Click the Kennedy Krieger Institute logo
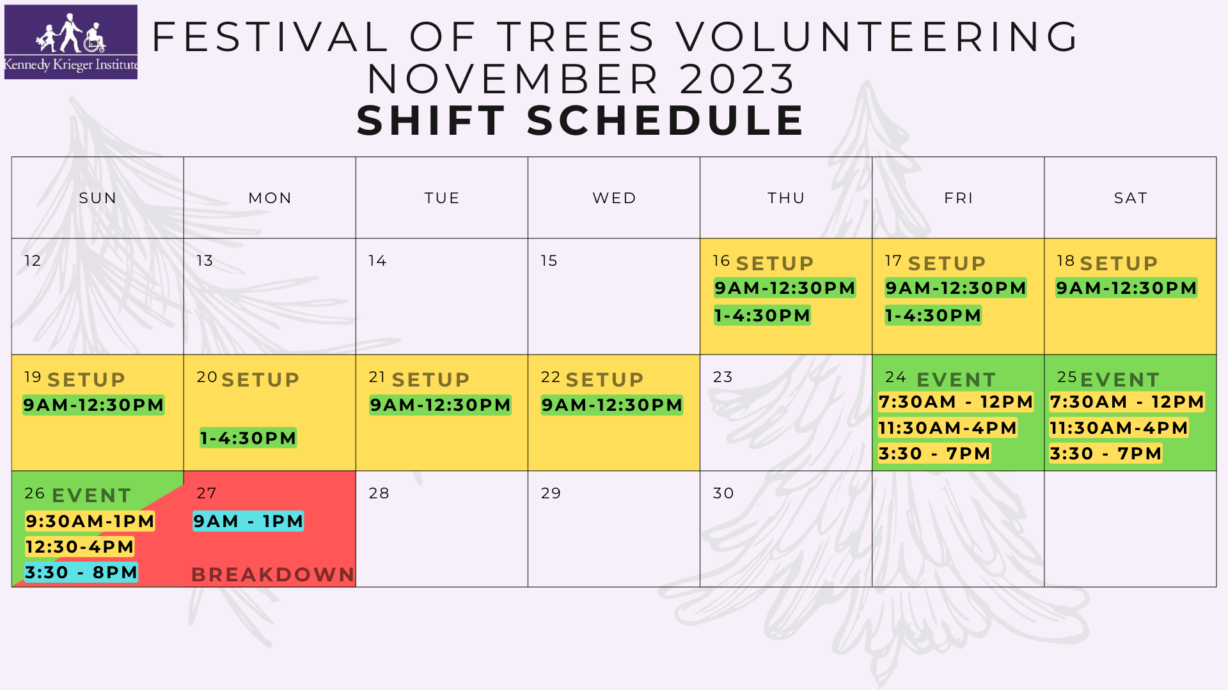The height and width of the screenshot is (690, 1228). (71, 42)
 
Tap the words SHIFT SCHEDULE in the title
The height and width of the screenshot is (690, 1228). (581, 120)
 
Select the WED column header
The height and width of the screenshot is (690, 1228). (614, 198)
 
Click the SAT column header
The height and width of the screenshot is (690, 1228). (1130, 198)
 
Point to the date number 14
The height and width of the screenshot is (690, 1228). (377, 261)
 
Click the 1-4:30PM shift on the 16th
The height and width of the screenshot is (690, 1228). (762, 316)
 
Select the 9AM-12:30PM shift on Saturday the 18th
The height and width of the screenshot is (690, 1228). (1126, 288)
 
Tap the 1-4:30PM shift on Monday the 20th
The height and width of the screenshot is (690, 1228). (248, 438)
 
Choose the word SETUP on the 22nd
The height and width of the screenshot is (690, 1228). (604, 380)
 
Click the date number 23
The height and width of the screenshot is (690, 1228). (723, 377)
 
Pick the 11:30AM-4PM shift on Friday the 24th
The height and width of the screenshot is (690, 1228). (947, 428)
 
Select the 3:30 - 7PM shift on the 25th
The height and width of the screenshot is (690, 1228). (1105, 454)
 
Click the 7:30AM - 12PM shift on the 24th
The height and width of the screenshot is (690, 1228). (956, 402)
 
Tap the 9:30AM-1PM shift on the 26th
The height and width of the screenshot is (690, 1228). (90, 521)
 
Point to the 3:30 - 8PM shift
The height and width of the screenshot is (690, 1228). (81, 572)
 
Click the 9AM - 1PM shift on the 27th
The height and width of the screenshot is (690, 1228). (248, 521)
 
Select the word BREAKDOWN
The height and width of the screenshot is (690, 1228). (272, 575)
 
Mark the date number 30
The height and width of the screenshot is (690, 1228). (723, 493)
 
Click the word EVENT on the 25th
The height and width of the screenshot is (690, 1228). (1120, 380)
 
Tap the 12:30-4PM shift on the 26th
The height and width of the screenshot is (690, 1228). (79, 547)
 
